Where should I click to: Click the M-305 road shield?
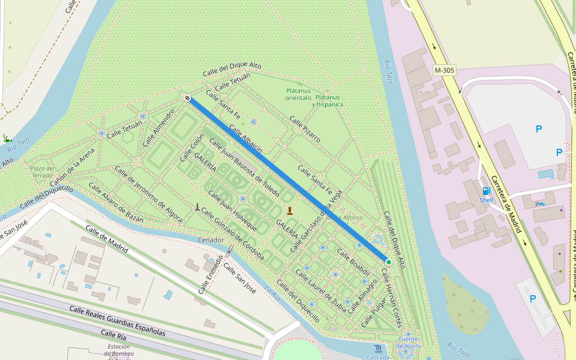445,70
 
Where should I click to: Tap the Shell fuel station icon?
485,191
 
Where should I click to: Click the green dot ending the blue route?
388,262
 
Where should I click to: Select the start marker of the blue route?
187,98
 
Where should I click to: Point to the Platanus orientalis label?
298,94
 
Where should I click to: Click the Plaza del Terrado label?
42,172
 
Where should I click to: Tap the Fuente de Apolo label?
407,343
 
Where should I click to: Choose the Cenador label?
211,240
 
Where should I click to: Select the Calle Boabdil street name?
353,262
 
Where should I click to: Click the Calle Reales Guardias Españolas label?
117,320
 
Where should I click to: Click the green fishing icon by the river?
6,138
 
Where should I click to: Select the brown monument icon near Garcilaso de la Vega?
290,210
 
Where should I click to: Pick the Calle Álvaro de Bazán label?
115,202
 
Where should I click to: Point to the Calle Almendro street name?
158,128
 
